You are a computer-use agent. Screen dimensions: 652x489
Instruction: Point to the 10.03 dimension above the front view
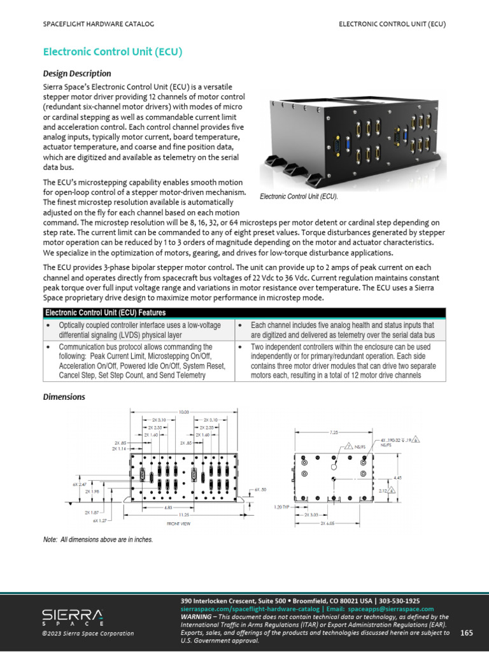pos(184,413)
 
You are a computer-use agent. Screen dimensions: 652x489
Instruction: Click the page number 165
pos(466,632)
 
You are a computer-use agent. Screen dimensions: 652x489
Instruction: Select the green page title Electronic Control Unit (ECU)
pos(113,52)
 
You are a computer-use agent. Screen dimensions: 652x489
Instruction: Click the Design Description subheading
pos(76,73)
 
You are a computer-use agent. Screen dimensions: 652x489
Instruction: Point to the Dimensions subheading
pos(64,397)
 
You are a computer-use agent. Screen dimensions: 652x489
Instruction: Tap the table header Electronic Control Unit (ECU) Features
pos(106,313)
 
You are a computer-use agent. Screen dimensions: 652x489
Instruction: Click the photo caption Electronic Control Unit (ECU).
pos(299,197)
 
